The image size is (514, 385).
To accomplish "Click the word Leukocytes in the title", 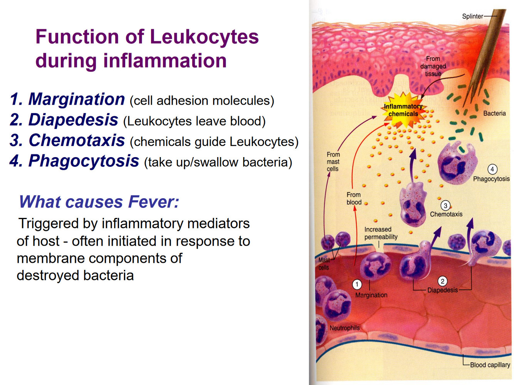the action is (204, 37).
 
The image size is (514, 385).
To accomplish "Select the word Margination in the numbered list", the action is (77, 99).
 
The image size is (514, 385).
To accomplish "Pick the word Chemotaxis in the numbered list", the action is (77, 141).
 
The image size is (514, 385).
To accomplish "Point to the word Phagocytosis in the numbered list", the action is (84, 161).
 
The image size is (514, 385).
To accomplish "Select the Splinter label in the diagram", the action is (472, 16).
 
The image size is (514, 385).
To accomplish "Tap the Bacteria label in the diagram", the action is (494, 113).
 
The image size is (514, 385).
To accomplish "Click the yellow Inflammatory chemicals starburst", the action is (403, 110).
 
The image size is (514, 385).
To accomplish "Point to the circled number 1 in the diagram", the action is (357, 285).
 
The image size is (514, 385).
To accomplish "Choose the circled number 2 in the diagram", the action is (443, 281).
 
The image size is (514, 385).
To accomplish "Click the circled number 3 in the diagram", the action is (445, 206).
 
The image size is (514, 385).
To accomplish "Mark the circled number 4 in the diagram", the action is (492, 169).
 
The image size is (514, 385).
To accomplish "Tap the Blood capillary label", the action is (490, 365).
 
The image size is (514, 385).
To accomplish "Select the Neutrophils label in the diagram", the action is (344, 328).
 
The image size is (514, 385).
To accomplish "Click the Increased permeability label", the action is (381, 233).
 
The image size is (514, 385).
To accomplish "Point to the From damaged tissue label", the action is (433, 66).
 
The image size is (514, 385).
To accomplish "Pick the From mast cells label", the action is (333, 162).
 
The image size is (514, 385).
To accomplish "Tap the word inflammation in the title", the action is (165, 61).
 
